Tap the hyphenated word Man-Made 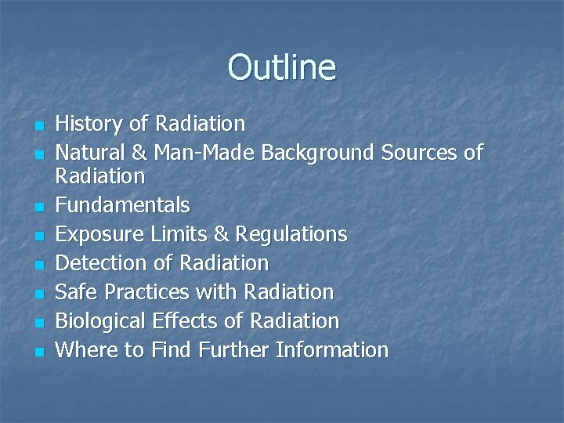pyautogui.click(x=204, y=152)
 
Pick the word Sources pyautogui.click(x=421, y=152)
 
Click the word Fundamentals pyautogui.click(x=123, y=206)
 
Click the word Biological pyautogui.click(x=101, y=321)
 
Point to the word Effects pyautogui.click(x=198, y=321)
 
